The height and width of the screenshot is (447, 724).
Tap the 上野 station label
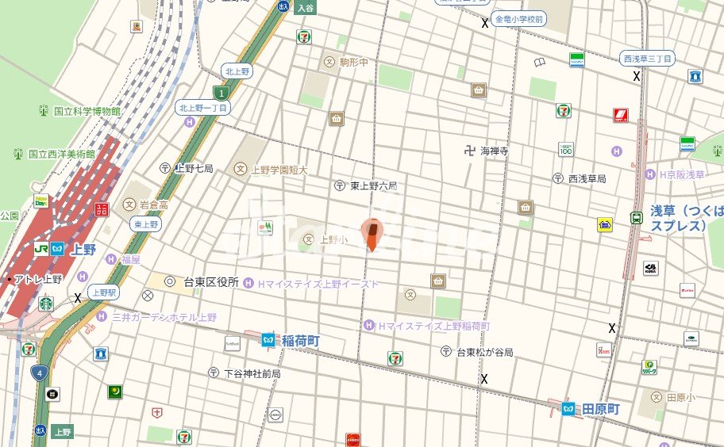pyautogui.click(x=82, y=249)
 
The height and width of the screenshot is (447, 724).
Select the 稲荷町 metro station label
pyautogui.click(x=300, y=341)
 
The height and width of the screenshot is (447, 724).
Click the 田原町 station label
pyautogui.click(x=599, y=409)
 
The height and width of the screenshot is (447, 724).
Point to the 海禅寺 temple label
pyautogui.click(x=492, y=151)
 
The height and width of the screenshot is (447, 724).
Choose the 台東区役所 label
pyautogui.click(x=210, y=282)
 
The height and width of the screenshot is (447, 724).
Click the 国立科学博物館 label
pyautogui.click(x=87, y=112)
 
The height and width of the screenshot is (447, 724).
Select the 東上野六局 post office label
pyautogui.click(x=373, y=186)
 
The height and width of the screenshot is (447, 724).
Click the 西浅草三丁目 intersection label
pyautogui.click(x=648, y=59)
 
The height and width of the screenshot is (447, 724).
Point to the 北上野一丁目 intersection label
pyautogui.click(x=203, y=108)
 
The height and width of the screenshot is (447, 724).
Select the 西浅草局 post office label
pyautogui.click(x=587, y=178)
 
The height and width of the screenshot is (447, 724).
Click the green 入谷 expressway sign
pyautogui.click(x=306, y=8)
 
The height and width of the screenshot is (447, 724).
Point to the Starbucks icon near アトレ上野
pyautogui.click(x=46, y=303)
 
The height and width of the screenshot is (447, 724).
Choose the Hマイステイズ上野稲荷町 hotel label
pyautogui.click(x=433, y=327)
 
